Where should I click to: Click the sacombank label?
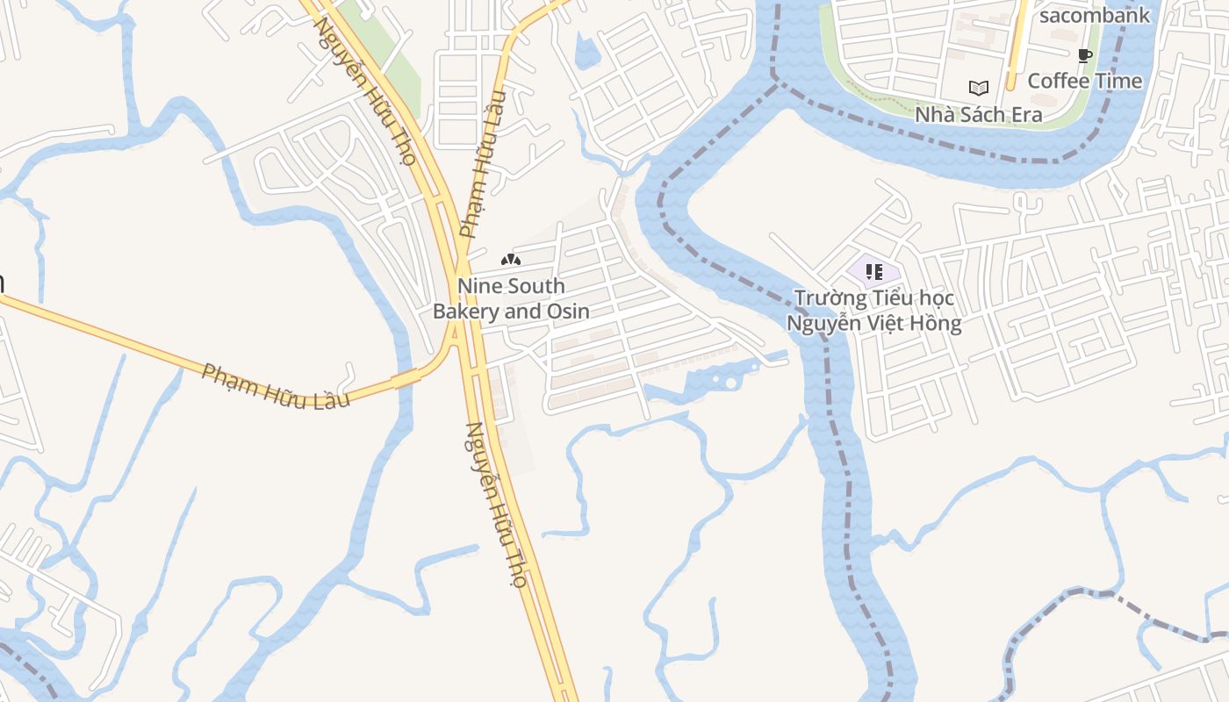(x=1094, y=15)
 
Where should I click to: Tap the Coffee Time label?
(x=1085, y=81)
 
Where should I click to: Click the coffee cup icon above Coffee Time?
(x=1085, y=56)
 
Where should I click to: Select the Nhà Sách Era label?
(x=978, y=115)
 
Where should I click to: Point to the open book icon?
(x=978, y=88)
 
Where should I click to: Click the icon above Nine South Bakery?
(x=511, y=260)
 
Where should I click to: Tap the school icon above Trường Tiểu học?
(x=873, y=272)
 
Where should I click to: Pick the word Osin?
(x=568, y=312)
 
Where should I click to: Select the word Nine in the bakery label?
(x=478, y=286)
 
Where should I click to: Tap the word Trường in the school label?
(x=830, y=298)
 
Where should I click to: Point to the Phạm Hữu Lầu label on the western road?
(x=276, y=386)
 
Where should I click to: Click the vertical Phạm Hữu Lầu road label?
(x=484, y=164)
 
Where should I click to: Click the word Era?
(x=1024, y=115)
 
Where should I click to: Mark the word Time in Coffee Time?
(x=1118, y=81)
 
